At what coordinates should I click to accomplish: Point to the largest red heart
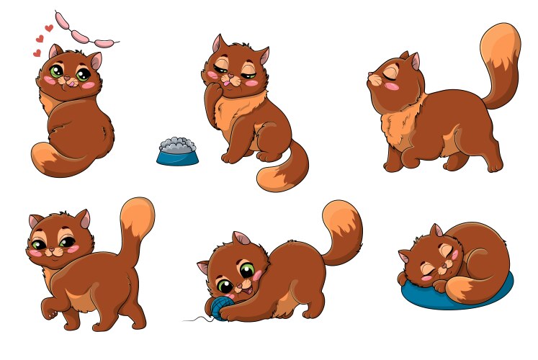(48, 29)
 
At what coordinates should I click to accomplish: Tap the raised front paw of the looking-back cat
(49, 310)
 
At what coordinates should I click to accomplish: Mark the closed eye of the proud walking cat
(392, 72)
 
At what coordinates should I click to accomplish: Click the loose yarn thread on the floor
(198, 319)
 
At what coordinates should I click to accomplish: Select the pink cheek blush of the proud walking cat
(393, 86)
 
